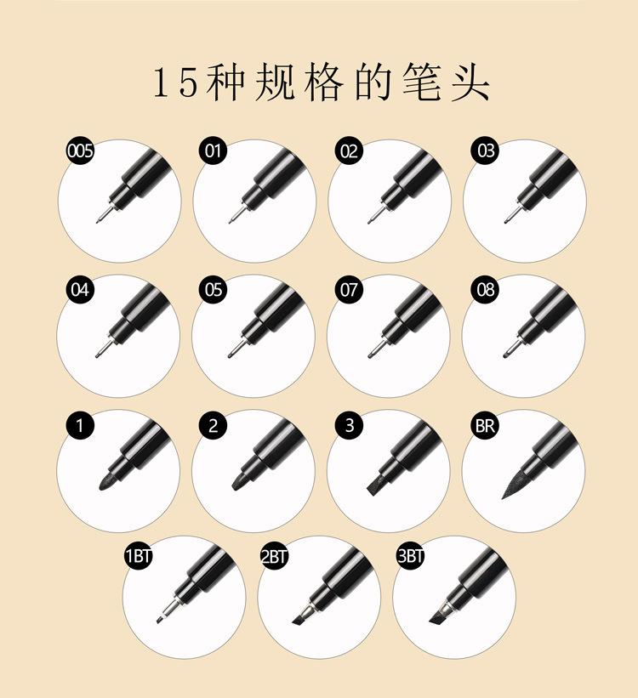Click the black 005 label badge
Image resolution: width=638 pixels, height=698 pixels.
coord(80,150)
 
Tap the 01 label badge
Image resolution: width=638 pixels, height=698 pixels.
coord(213,150)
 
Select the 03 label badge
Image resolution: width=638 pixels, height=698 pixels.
coord(486,150)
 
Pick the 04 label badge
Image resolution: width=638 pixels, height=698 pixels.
coord(80,290)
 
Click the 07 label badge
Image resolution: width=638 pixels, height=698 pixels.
coord(350,290)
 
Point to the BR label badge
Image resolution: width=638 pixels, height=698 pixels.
coord(486,426)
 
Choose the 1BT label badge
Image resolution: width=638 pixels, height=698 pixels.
coord(138,556)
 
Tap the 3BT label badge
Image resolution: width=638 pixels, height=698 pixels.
coord(410,556)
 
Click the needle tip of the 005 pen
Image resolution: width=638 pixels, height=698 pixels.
coord(101,216)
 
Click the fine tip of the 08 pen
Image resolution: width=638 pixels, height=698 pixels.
coord(510,352)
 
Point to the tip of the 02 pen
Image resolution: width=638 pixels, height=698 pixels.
coord(373,218)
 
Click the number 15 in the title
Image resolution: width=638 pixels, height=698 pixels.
coord(175,83)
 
